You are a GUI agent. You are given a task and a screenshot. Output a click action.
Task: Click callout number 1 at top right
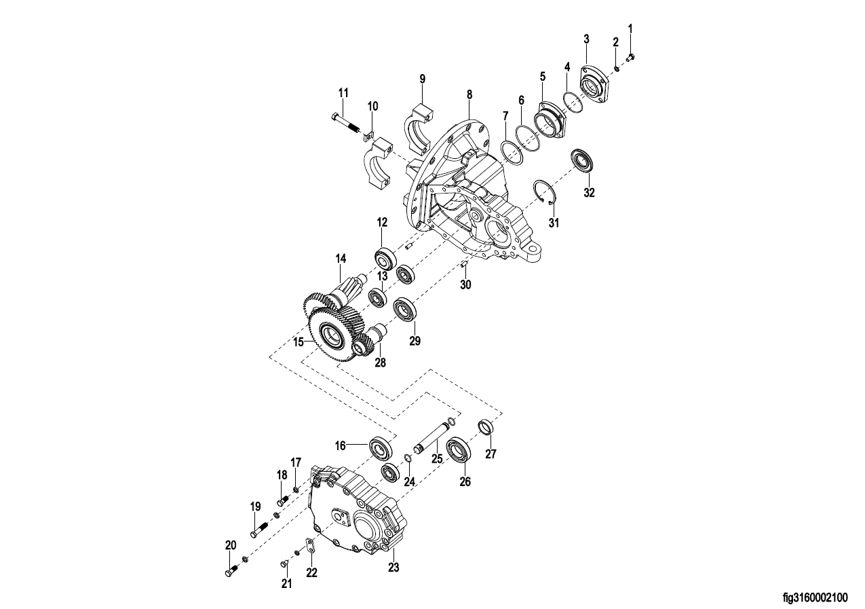630,29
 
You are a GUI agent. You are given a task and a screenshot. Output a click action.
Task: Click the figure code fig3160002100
815,598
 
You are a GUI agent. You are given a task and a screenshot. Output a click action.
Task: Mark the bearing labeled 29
406,309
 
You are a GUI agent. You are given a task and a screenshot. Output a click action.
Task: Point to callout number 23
393,567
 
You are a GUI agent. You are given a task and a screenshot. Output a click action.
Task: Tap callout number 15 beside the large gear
299,342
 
